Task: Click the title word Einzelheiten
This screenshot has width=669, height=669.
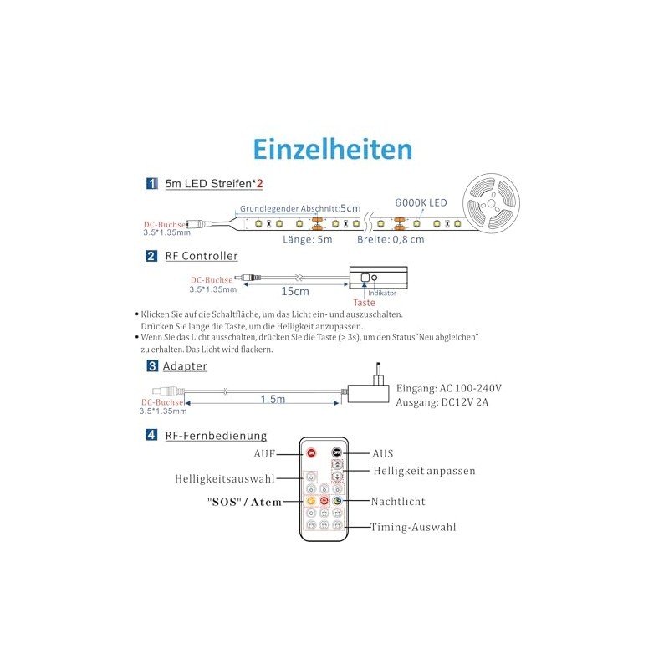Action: click(x=333, y=149)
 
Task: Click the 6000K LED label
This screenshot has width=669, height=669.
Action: click(x=421, y=202)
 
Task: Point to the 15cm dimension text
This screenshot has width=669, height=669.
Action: click(x=295, y=291)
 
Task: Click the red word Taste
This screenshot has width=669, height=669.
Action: click(x=364, y=303)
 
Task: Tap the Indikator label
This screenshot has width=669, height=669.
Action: click(x=382, y=294)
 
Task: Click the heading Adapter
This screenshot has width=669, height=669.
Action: click(x=185, y=365)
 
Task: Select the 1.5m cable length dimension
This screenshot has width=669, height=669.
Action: click(x=272, y=399)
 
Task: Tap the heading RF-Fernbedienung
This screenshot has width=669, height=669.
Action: click(x=216, y=435)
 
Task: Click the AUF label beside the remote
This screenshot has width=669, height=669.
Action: click(x=264, y=452)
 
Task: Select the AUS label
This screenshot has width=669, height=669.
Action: click(x=383, y=452)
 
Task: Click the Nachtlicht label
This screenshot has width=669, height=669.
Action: click(x=399, y=501)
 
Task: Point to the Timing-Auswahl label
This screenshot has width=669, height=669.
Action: click(x=414, y=527)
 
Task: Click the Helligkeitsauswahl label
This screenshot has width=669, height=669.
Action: click(x=224, y=479)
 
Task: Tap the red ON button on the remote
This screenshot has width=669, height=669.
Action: click(x=311, y=452)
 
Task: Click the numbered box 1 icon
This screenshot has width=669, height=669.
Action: click(x=151, y=182)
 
